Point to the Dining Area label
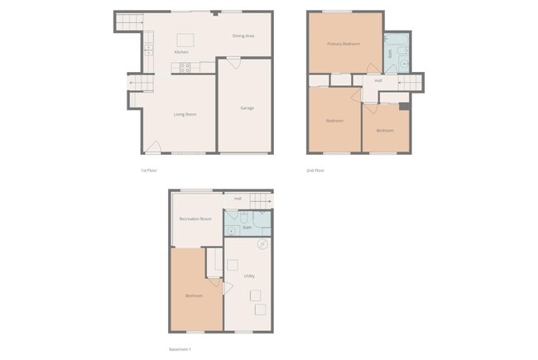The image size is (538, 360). [x=243, y=36]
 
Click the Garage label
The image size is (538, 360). [x=247, y=108]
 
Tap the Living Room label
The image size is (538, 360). [x=185, y=114]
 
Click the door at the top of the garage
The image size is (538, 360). [x=233, y=60]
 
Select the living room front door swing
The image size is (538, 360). [x=153, y=147]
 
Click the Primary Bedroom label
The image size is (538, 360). [x=343, y=44]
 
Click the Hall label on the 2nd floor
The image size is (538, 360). [x=377, y=80]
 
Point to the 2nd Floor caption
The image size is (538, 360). [x=315, y=170]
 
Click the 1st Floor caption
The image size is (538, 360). [x=149, y=170]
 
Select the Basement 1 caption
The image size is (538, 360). [x=179, y=348]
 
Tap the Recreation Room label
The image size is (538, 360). [x=195, y=219]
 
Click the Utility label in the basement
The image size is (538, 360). [x=249, y=276]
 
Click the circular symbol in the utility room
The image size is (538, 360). [x=262, y=244]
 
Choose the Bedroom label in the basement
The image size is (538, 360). [x=194, y=295]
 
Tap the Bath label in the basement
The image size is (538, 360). [x=247, y=226]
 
